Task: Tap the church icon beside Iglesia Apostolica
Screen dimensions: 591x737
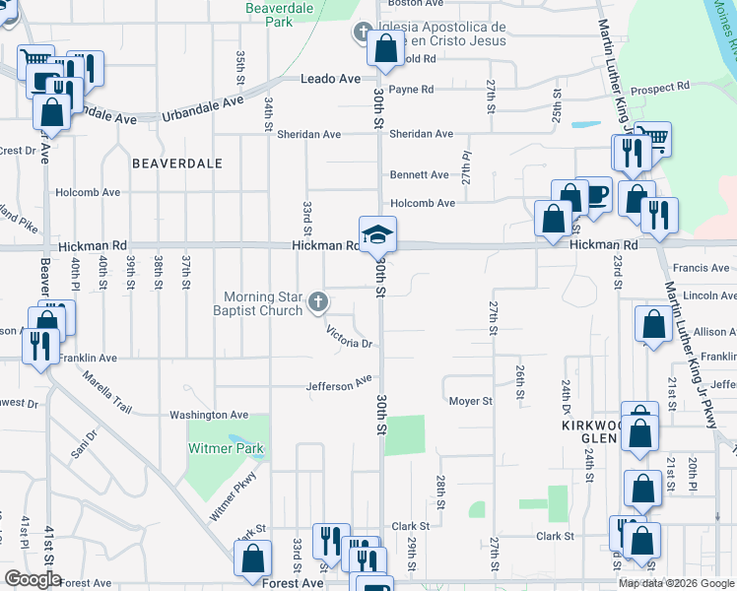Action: click(361, 33)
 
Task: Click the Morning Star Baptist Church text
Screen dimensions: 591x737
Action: click(262, 303)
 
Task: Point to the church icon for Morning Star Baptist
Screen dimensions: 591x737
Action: click(317, 302)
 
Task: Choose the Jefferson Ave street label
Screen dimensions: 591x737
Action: click(339, 384)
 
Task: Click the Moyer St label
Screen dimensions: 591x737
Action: click(470, 401)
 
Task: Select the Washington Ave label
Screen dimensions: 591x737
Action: click(209, 416)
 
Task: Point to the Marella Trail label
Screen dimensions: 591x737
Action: click(106, 391)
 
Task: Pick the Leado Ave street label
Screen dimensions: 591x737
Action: click(332, 79)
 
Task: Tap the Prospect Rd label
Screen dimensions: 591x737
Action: click(660, 88)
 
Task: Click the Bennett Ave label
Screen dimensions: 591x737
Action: click(419, 174)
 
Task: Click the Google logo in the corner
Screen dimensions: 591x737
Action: click(32, 579)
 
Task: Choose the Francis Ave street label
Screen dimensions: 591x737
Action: click(701, 268)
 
